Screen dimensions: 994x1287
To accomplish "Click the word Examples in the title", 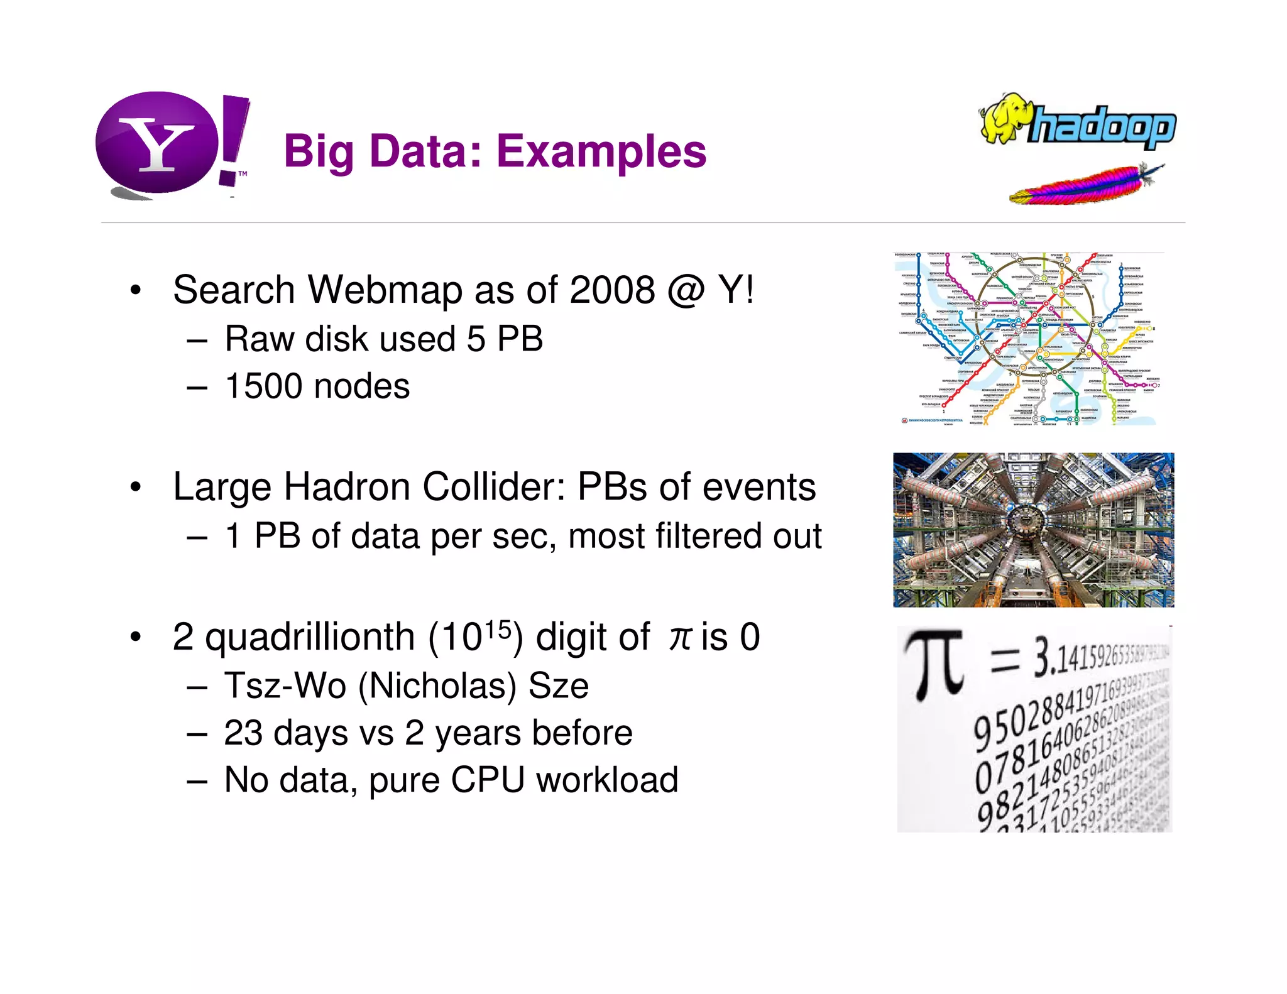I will (x=601, y=152).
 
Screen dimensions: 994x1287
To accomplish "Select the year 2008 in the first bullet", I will (x=611, y=290).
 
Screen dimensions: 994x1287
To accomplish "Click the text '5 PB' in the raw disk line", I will (x=505, y=339).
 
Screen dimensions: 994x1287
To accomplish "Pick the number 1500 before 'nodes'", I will (x=264, y=386).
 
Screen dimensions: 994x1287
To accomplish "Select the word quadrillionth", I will (x=310, y=637).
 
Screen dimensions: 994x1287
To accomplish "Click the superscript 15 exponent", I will (x=498, y=628).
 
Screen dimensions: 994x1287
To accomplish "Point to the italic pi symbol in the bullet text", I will (x=679, y=638).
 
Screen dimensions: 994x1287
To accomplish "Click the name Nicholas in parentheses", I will (x=437, y=685).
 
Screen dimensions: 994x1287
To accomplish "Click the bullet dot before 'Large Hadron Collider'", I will (x=135, y=488).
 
